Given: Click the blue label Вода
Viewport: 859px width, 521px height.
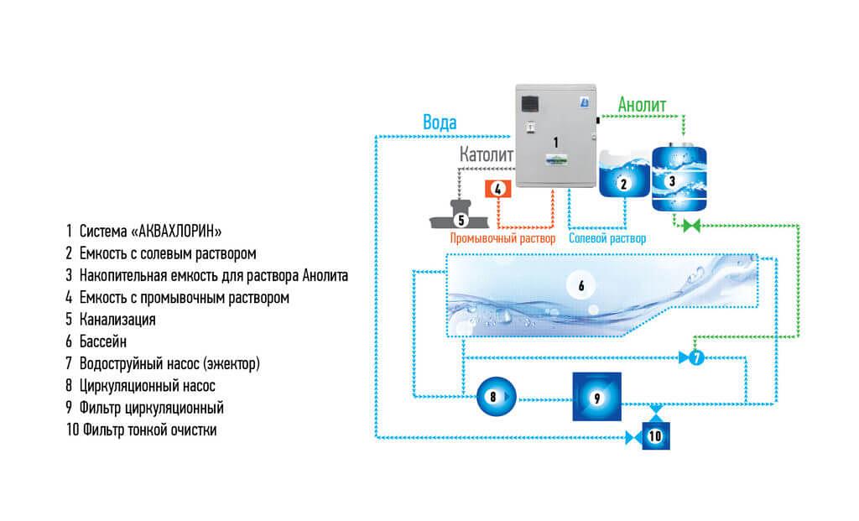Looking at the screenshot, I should coord(440,122).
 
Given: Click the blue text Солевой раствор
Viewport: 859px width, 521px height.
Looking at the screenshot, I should coord(607,238).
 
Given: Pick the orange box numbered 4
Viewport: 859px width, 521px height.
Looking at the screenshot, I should coord(497,189).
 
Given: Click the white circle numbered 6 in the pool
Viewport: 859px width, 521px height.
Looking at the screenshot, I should coord(580,284).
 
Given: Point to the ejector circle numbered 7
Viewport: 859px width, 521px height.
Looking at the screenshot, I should coord(695,358).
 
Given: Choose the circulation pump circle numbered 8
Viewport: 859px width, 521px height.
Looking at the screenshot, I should coord(493,395).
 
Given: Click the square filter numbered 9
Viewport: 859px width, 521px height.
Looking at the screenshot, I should coord(596,397).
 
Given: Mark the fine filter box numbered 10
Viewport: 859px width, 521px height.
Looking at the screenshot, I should coord(656,435).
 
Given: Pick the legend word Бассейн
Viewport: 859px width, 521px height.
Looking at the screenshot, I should coord(103,341).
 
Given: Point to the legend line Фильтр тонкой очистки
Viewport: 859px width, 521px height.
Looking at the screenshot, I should coord(143,430).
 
